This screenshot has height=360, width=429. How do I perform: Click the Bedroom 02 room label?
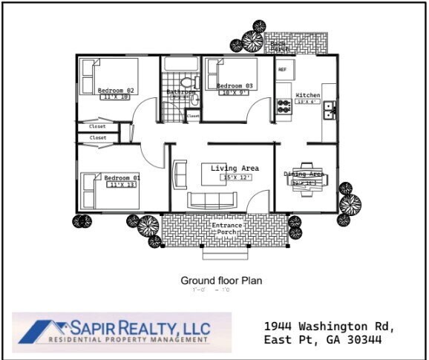tap(115, 91)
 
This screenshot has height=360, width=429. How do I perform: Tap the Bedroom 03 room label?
tap(235, 86)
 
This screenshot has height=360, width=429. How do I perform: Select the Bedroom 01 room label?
tap(122, 178)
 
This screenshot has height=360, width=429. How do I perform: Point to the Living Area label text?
tap(235, 168)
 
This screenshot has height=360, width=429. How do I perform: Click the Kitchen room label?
tap(308, 96)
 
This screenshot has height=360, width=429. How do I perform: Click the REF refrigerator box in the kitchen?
tap(283, 69)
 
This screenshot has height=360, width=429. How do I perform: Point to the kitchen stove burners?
tap(284, 105)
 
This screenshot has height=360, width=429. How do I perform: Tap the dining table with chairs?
tap(307, 178)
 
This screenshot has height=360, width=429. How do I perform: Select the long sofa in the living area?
tap(212, 199)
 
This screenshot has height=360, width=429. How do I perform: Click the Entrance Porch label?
tap(226, 229)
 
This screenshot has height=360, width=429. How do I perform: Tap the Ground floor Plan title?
tap(221, 281)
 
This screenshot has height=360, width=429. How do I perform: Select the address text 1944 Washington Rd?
tap(330, 327)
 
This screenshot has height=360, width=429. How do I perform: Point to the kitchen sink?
tap(329, 110)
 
